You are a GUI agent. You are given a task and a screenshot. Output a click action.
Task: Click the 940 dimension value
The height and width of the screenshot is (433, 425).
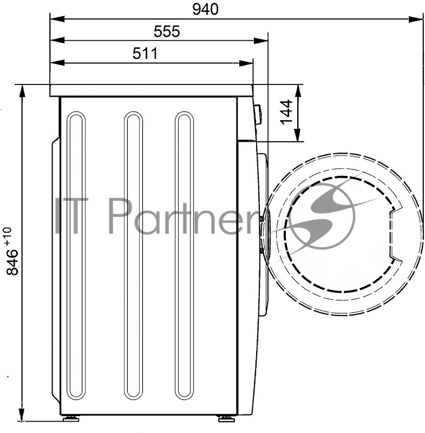click(205, 9)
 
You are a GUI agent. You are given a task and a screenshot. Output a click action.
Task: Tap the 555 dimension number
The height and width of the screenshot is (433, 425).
click(167, 31)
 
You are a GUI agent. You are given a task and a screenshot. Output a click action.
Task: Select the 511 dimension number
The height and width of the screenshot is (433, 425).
click(145, 53)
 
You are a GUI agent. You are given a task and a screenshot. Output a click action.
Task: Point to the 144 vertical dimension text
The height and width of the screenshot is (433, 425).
click(286, 112)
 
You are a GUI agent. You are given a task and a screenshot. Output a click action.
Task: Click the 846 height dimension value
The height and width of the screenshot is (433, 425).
click(12, 263)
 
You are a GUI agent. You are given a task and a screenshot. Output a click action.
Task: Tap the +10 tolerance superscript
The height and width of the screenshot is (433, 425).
click(8, 236)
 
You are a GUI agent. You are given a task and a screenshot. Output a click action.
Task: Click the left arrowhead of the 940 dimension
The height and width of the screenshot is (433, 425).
click(57, 19)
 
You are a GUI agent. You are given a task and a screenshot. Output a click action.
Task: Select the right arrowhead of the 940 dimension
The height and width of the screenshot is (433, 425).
click(416, 19)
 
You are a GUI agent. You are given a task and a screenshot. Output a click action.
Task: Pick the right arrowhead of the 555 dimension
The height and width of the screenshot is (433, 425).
click(261, 41)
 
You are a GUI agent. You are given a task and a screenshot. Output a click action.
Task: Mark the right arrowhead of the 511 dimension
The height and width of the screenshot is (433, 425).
click(246, 63)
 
